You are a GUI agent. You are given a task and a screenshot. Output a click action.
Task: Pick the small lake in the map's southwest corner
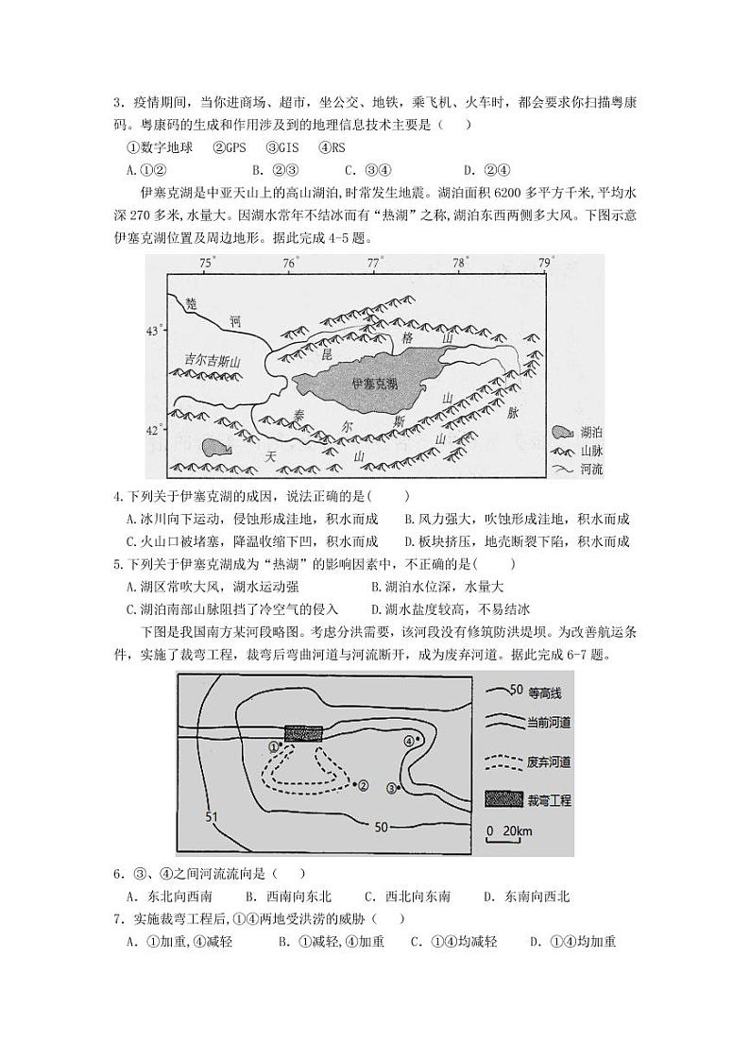point(214,447)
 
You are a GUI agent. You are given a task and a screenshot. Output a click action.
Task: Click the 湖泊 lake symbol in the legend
point(564,433)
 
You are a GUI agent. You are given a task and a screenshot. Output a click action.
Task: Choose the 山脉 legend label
point(592,451)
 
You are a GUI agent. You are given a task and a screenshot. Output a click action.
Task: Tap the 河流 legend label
point(592,469)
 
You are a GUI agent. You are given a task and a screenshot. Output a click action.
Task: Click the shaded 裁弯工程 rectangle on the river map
point(303,734)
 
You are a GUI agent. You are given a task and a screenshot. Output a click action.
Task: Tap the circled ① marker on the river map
point(275,746)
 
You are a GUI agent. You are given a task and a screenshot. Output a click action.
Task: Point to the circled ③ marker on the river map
point(393,787)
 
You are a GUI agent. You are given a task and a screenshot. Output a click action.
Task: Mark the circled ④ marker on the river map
point(410,742)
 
